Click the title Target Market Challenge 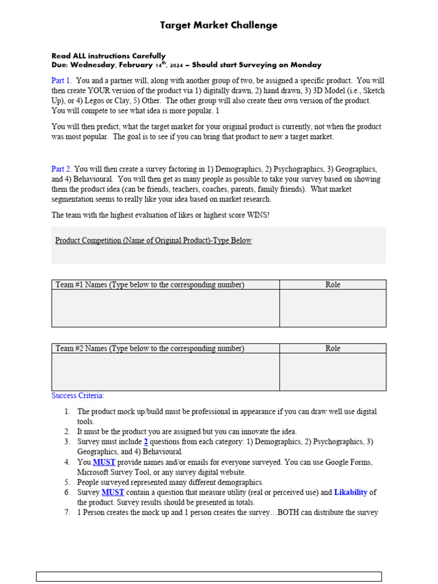219,25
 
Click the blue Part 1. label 62,81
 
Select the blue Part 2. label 62,169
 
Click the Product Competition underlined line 153,241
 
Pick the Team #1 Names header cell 150,285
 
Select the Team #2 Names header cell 150,348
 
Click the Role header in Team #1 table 332,285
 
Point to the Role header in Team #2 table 332,348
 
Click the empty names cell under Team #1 165,308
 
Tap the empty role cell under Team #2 332,372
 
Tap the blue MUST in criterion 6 113,492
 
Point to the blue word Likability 351,492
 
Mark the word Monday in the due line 305,65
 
